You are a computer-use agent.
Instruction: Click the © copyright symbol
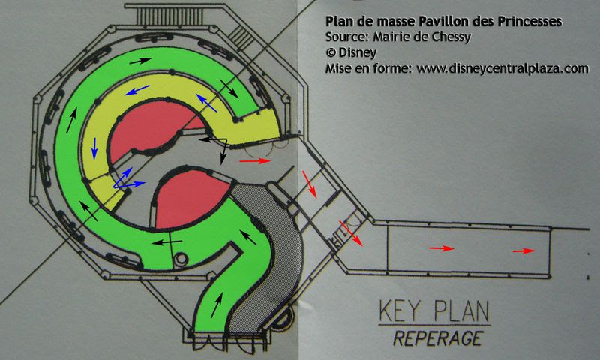click(x=331, y=53)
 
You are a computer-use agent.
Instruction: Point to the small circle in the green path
click(x=179, y=259)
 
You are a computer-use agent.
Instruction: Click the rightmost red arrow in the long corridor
click(x=523, y=250)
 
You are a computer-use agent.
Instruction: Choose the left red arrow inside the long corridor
click(x=442, y=248)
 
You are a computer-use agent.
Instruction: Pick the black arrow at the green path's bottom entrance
click(x=217, y=304)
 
